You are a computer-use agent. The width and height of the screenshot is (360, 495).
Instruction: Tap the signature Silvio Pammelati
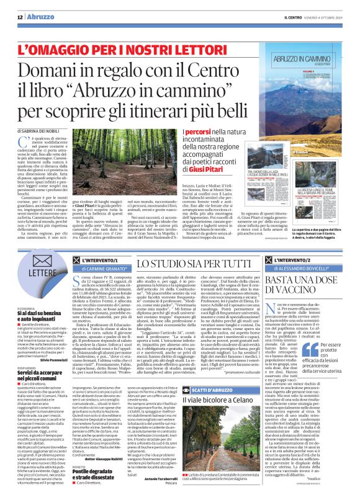click(61, 358)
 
